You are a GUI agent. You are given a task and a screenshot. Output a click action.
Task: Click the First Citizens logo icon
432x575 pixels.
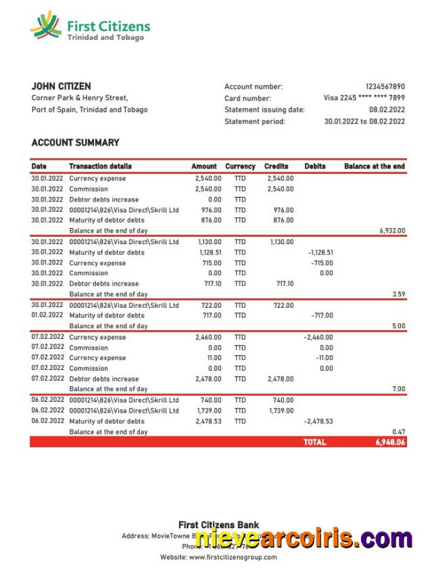[x=46, y=26]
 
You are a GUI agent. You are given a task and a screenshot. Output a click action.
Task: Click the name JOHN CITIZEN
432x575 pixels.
[x=62, y=87]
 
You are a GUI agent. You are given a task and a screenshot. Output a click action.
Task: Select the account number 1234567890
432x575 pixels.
[x=385, y=87]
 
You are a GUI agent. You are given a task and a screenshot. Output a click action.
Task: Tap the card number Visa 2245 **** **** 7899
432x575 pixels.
[x=364, y=98]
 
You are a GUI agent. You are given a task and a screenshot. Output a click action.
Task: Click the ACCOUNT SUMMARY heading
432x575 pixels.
[x=75, y=143]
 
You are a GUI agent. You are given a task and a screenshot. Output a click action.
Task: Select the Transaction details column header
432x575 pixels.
[x=100, y=166]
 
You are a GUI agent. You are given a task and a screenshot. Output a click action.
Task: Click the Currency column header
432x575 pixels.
[x=240, y=166]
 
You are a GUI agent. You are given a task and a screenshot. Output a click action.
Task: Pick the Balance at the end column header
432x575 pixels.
[x=375, y=166]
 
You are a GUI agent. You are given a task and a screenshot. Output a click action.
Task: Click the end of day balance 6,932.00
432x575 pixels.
[x=392, y=231]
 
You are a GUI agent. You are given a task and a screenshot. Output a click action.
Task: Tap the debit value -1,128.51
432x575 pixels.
[x=320, y=252]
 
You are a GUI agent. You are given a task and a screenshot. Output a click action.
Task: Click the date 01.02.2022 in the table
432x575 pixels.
[x=47, y=316]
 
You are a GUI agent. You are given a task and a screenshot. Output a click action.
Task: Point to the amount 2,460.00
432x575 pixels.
[x=208, y=337]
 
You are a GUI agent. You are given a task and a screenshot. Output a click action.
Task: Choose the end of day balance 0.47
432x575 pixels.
[x=398, y=432]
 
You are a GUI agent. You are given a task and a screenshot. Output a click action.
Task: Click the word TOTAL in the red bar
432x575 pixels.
[x=314, y=442]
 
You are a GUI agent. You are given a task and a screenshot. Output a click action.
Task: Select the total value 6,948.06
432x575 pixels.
[x=390, y=442]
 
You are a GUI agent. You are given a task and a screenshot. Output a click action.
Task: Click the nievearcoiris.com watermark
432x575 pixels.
[x=304, y=539]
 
